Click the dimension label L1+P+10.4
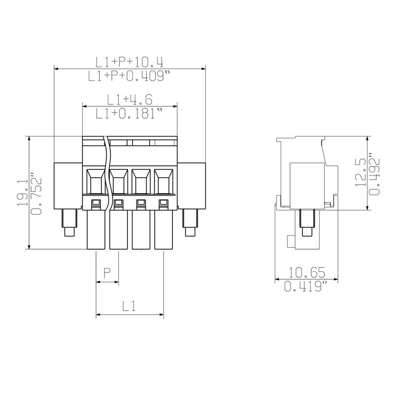[x=130, y=62]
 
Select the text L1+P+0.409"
[x=129, y=76]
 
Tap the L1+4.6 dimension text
[x=130, y=99]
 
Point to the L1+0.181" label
[x=129, y=113]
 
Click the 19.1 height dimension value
[x=23, y=193]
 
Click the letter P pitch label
[x=107, y=273]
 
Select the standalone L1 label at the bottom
[x=129, y=306]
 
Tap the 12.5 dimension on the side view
[x=361, y=172]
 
